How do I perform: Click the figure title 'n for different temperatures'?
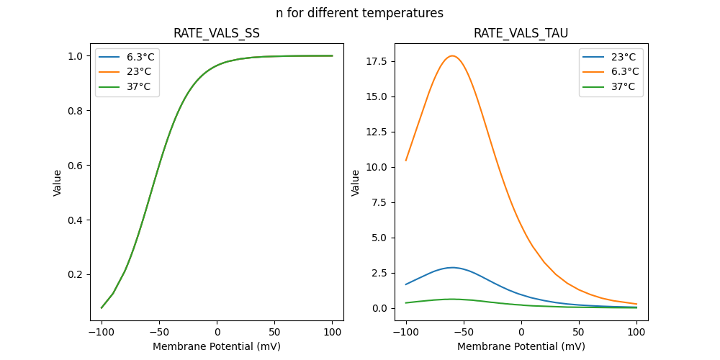[359, 13]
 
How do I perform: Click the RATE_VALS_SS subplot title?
[217, 34]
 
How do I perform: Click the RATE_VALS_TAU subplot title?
[521, 34]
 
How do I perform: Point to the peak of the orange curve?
[452, 55]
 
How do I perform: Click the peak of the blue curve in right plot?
[452, 267]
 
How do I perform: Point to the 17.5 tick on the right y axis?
[377, 61]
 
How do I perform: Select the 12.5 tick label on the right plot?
[377, 132]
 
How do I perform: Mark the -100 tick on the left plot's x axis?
[102, 332]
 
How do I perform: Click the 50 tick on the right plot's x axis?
[579, 332]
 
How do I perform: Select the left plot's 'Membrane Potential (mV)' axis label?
[217, 346]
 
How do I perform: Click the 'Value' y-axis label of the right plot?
[356, 183]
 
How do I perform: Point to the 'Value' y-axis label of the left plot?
[58, 183]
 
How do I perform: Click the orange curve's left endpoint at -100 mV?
[406, 161]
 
